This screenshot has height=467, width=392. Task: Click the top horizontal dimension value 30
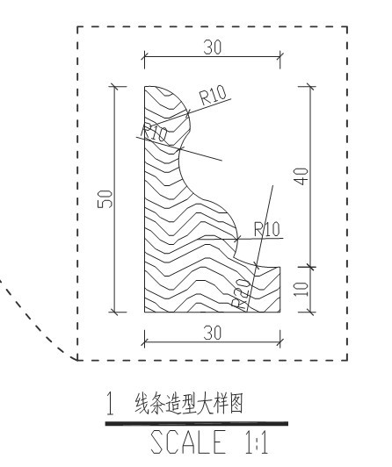point(213,47)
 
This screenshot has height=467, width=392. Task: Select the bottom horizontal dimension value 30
point(213,333)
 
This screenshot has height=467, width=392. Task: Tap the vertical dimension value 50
point(105,199)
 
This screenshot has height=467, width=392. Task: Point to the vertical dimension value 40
point(301,176)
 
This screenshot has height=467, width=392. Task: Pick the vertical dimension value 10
point(301,289)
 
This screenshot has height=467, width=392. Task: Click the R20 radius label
point(242,294)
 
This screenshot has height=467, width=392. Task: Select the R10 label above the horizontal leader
point(267,229)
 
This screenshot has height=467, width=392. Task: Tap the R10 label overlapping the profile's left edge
point(154,133)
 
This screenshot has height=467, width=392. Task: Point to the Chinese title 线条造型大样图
point(189,404)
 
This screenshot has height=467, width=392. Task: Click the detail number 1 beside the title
point(110,404)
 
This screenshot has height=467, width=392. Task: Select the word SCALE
point(188,442)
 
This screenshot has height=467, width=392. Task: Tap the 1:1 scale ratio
point(257,442)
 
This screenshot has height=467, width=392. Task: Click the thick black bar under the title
point(197,423)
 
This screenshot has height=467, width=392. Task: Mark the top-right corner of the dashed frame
point(347,27)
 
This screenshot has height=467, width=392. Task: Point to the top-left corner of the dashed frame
point(78,27)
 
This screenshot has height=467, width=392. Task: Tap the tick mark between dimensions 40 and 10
point(310,267)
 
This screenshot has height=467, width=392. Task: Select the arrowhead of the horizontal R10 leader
point(236,239)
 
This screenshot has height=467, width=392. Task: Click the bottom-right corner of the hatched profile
point(279,313)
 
